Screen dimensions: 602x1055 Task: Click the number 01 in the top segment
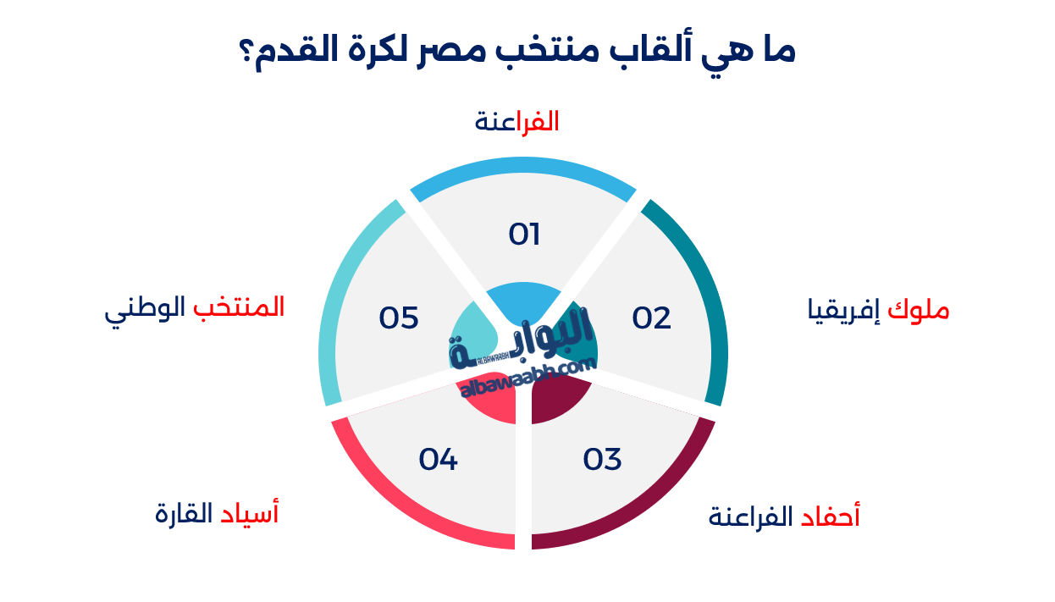coord(524,235)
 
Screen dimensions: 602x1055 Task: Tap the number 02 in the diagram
coord(652,318)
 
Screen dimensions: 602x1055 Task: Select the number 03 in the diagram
coord(603,459)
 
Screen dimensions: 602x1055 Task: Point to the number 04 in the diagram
coord(439,459)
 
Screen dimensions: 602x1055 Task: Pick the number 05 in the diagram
coord(400,318)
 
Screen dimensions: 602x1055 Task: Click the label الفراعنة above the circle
coord(516,122)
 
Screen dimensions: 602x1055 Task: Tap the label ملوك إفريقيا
coord(878,311)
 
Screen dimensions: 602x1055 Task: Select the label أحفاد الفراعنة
coord(784,516)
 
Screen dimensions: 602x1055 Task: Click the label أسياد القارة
coord(217,513)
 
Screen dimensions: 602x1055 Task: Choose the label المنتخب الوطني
coord(195,307)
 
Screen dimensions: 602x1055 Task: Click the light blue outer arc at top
coord(523,167)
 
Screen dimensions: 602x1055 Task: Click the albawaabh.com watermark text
coord(528,377)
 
